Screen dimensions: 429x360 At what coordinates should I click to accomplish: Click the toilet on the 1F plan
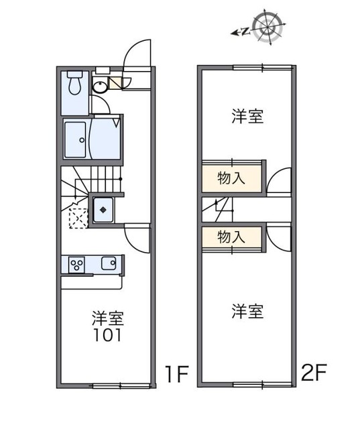tap(75, 84)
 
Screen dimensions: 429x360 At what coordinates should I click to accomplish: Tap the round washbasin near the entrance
tap(99, 85)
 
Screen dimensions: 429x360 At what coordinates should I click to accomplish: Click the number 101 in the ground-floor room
tap(107, 334)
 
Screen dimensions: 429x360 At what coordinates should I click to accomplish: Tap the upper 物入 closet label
tap(230, 178)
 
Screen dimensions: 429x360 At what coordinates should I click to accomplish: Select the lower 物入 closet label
tap(230, 236)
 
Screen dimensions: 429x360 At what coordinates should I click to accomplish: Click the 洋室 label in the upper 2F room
tap(247, 116)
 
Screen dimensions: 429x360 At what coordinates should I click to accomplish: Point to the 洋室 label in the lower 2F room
tap(247, 310)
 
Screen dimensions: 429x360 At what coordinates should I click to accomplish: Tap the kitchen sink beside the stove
tap(108, 263)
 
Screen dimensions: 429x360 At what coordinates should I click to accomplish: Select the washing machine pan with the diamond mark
tap(103, 210)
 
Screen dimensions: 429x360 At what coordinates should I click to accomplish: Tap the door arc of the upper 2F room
tap(280, 180)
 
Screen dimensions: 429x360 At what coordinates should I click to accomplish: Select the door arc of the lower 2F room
tap(280, 234)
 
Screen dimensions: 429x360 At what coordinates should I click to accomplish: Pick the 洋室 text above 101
tap(107, 316)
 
